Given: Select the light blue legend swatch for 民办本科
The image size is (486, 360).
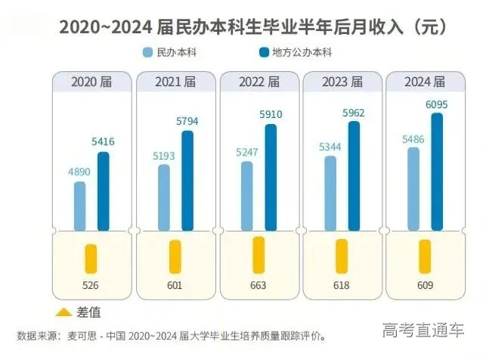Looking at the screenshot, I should (148, 53).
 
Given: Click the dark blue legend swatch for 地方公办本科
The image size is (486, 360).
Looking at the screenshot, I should (265, 53).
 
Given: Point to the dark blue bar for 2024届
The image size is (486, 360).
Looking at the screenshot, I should (437, 170).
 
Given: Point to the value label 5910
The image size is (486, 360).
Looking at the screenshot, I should (271, 115).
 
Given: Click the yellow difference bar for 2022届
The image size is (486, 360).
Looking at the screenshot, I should (258, 255).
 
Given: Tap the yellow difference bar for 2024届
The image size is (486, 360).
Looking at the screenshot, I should (425, 256).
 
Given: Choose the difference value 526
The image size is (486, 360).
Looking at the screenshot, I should (91, 286).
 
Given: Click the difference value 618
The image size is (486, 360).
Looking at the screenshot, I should (342, 286).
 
